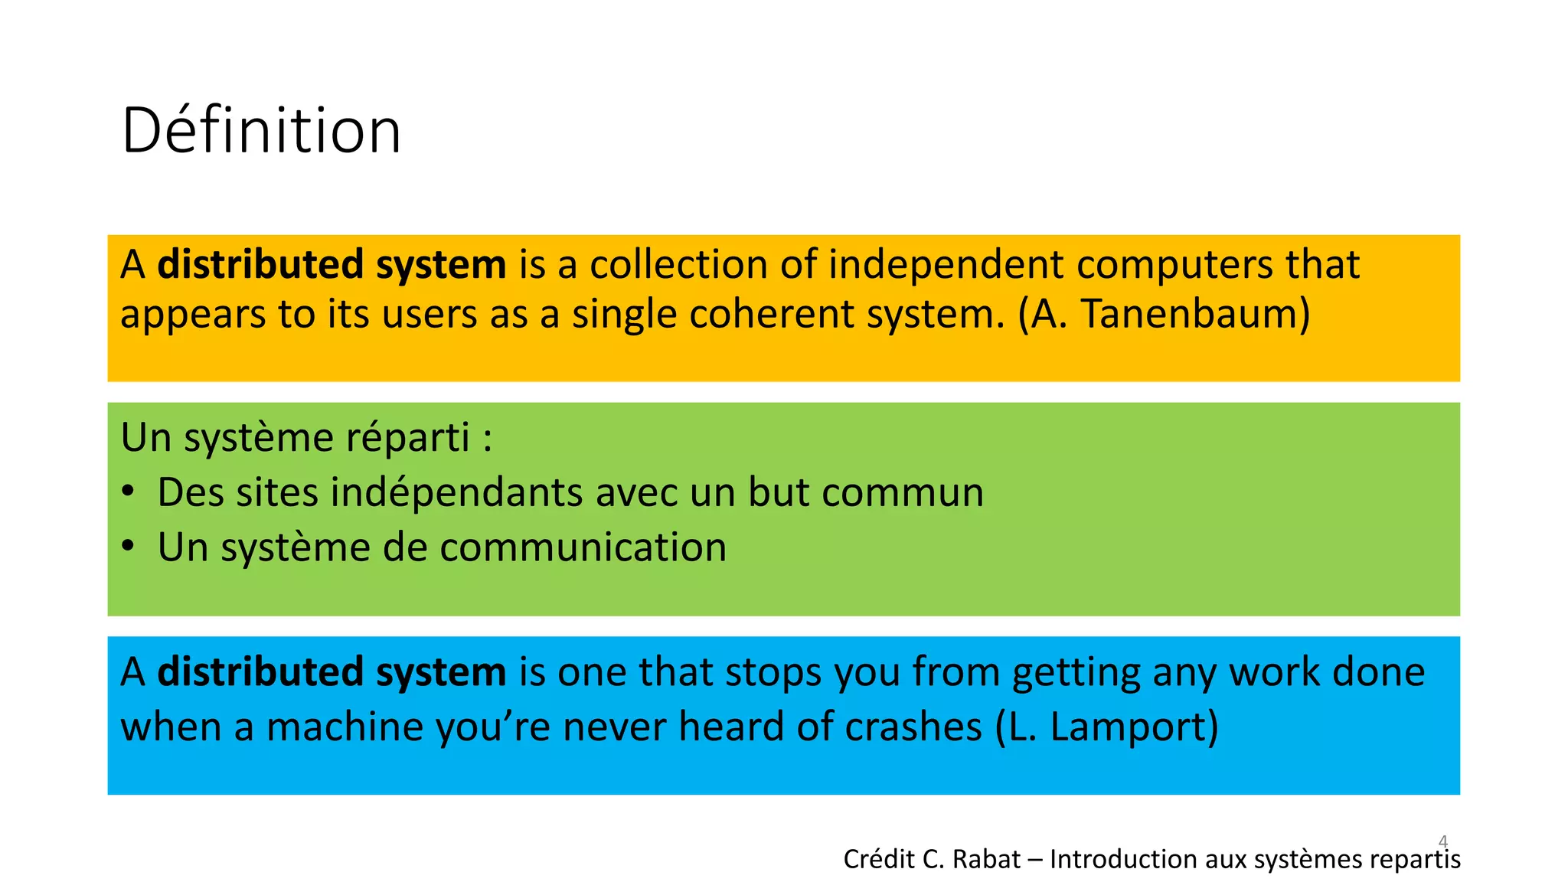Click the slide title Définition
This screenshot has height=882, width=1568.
(261, 131)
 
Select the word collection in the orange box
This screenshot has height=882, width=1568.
(678, 265)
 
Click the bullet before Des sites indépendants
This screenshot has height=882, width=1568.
(129, 492)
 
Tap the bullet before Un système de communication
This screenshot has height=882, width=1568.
(129, 547)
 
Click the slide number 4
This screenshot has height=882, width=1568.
(1443, 841)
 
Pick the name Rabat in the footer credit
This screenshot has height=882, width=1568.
(987, 860)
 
